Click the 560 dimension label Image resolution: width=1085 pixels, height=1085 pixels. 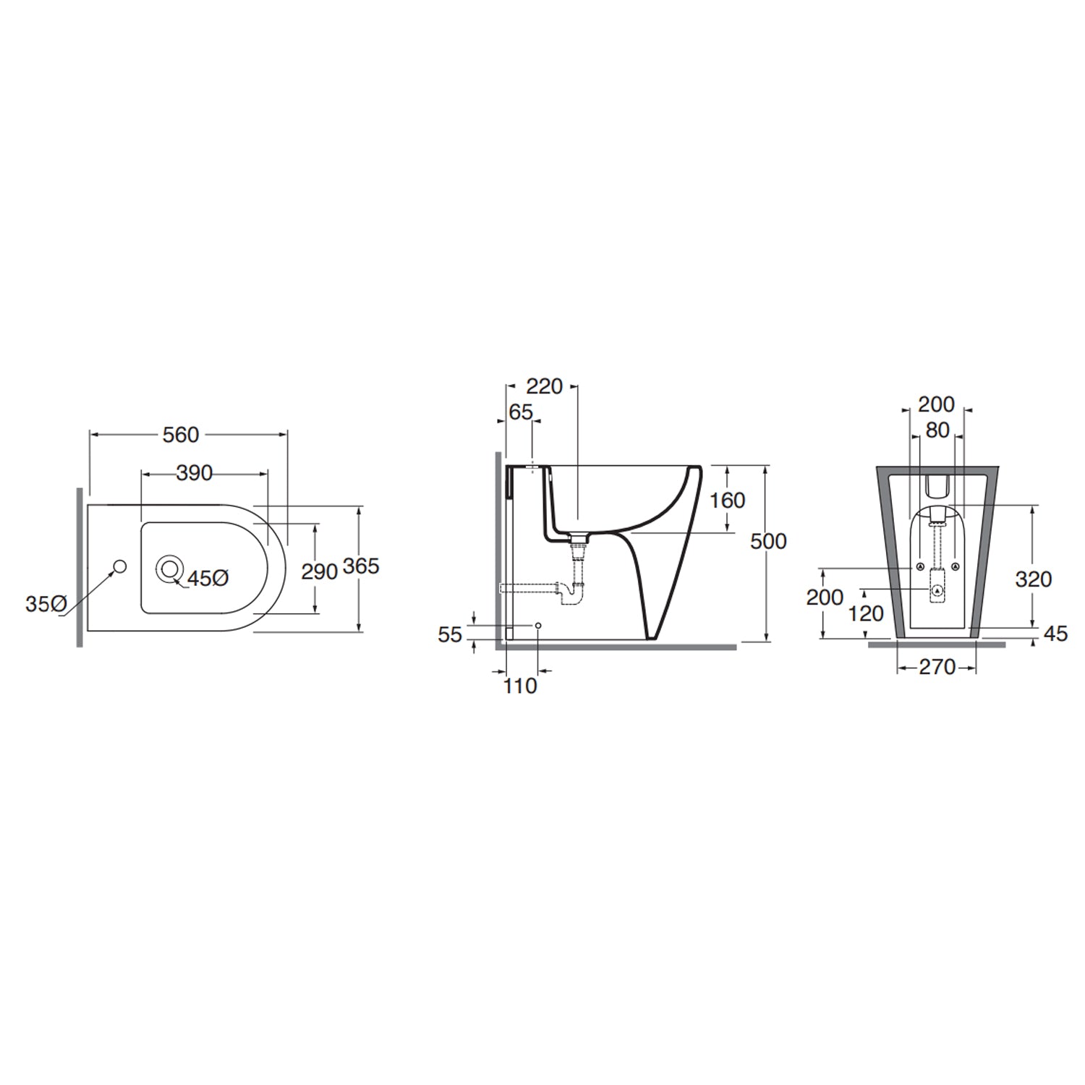coord(181,435)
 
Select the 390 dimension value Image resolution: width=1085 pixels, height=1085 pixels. coord(195,473)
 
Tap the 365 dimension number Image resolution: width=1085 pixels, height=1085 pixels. coord(360,566)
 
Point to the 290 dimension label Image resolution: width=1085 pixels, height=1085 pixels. coord(320,571)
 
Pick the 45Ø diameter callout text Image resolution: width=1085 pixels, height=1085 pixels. coord(208,579)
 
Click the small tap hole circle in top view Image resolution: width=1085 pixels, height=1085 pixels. coord(120,566)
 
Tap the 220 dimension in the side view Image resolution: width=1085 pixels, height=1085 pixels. coord(544,387)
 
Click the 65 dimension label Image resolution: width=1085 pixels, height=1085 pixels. coord(521,412)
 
